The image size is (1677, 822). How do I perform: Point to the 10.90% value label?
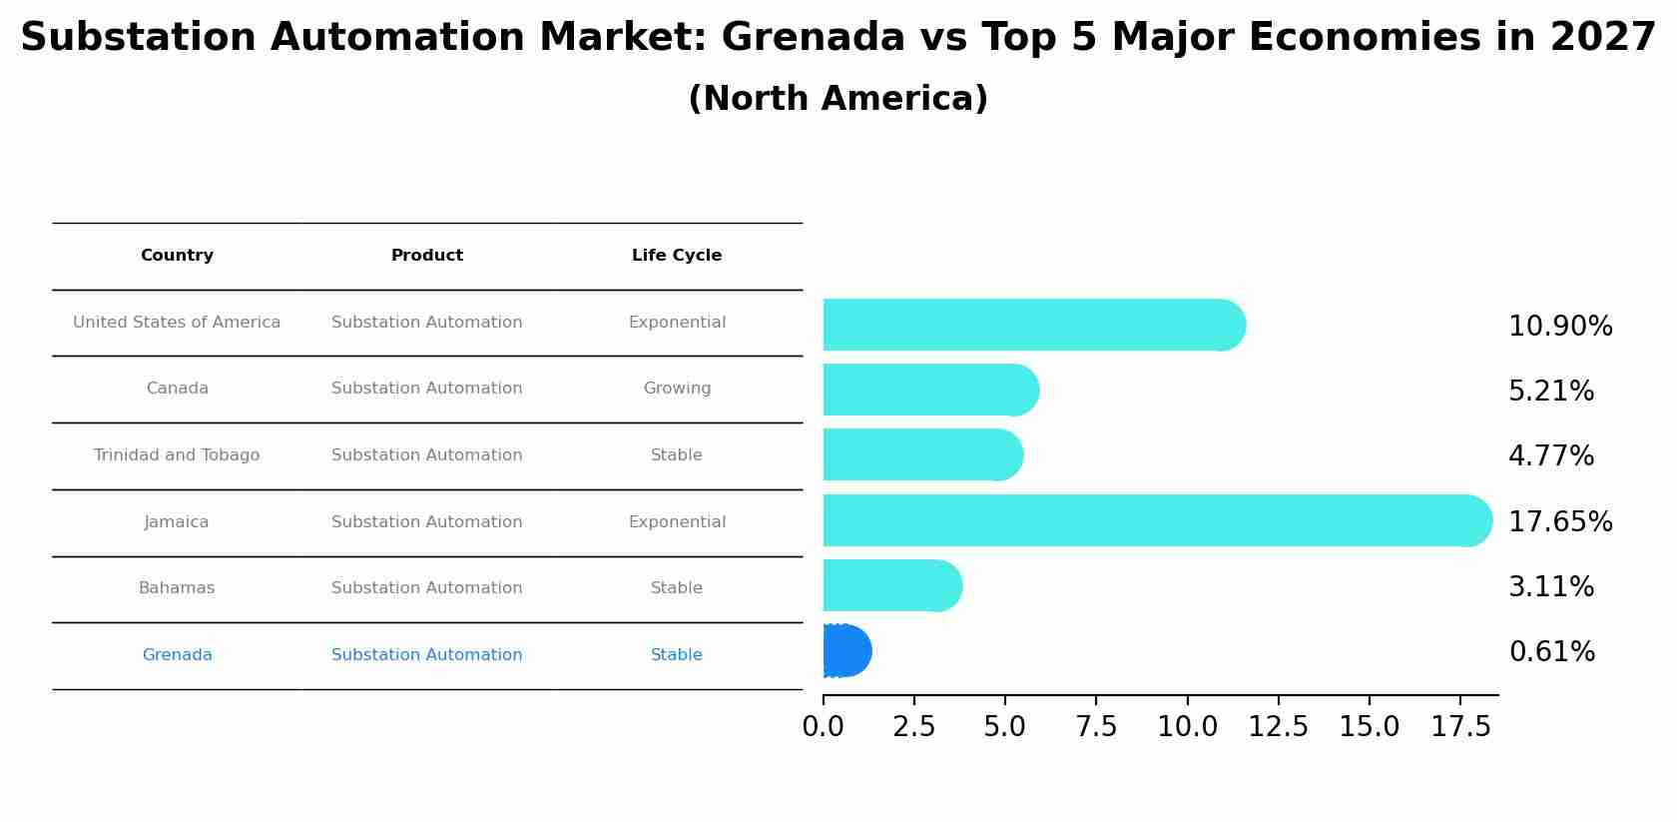[1560, 327]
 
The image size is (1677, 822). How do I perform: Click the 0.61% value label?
[1551, 652]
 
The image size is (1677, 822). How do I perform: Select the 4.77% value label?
[1551, 456]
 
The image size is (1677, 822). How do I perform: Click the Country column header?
[177, 256]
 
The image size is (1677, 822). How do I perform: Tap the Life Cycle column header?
[677, 256]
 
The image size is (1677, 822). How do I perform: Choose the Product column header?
[427, 256]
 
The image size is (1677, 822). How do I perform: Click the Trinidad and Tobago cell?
[177, 455]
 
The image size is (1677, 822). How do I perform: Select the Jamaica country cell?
[177, 522]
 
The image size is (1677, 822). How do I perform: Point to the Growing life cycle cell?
[677, 389]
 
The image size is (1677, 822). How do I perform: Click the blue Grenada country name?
[177, 655]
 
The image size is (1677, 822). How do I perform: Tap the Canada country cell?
[177, 389]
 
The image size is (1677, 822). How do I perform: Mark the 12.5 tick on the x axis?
[1278, 727]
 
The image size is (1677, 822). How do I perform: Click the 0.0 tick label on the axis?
[824, 727]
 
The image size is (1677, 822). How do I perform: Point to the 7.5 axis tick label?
[1096, 727]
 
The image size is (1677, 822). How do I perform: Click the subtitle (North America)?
[838, 99]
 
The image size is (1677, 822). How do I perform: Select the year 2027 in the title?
[1603, 38]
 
